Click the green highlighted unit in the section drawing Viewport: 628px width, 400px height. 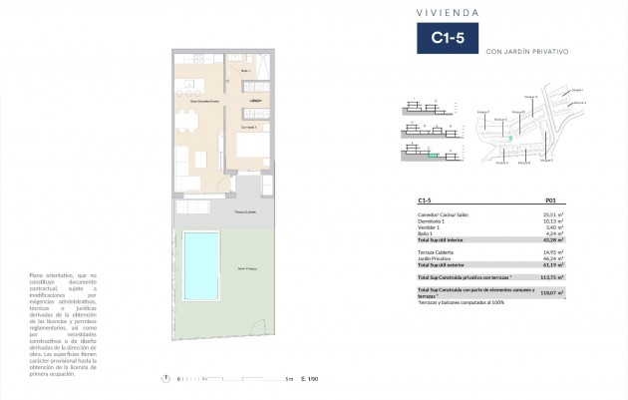pos(433,155)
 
